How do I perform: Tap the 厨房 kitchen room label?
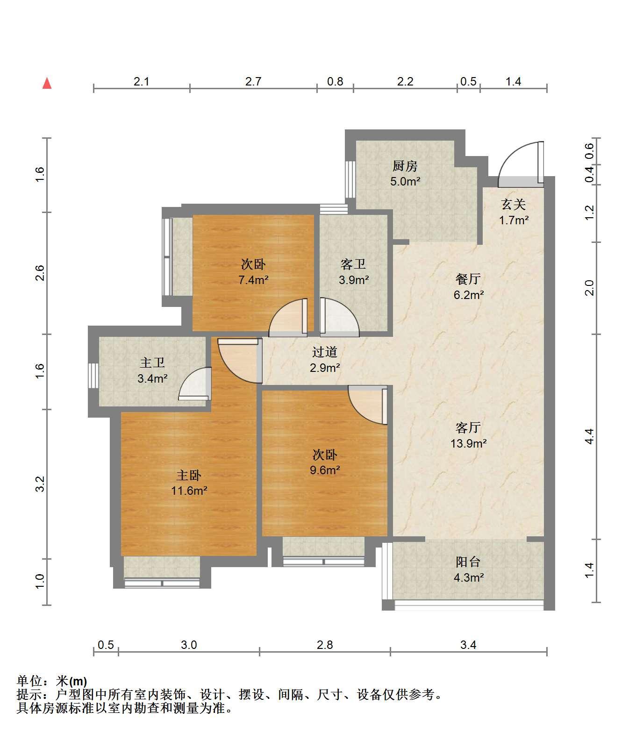point(405,166)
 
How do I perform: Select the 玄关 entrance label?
point(514,204)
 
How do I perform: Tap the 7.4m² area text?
point(253,280)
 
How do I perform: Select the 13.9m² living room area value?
point(468,443)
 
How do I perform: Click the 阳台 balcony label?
point(468,562)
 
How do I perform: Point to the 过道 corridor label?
point(324,352)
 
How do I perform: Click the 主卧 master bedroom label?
point(189,476)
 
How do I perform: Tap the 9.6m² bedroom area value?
point(325,470)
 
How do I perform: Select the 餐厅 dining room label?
point(468,279)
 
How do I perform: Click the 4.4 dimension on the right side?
point(589,436)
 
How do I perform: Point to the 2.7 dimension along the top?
point(253,82)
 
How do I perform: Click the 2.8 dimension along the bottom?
point(325,645)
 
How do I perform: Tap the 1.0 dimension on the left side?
point(40,582)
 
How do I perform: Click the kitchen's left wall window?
point(350,179)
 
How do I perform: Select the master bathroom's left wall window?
point(93,375)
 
